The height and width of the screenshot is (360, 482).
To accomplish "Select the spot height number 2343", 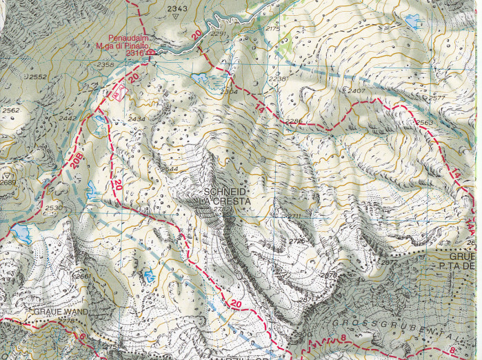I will [177, 8].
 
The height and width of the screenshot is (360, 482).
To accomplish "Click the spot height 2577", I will [436, 98].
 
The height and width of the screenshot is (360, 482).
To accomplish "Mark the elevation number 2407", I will [356, 91].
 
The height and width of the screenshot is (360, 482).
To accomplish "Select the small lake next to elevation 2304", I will [203, 79].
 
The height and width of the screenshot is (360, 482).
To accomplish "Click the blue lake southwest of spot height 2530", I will [21, 234].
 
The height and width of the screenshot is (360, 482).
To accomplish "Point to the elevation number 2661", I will [82, 277].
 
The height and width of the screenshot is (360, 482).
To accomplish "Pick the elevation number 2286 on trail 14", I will [293, 122].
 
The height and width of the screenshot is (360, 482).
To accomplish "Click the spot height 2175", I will [273, 29].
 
